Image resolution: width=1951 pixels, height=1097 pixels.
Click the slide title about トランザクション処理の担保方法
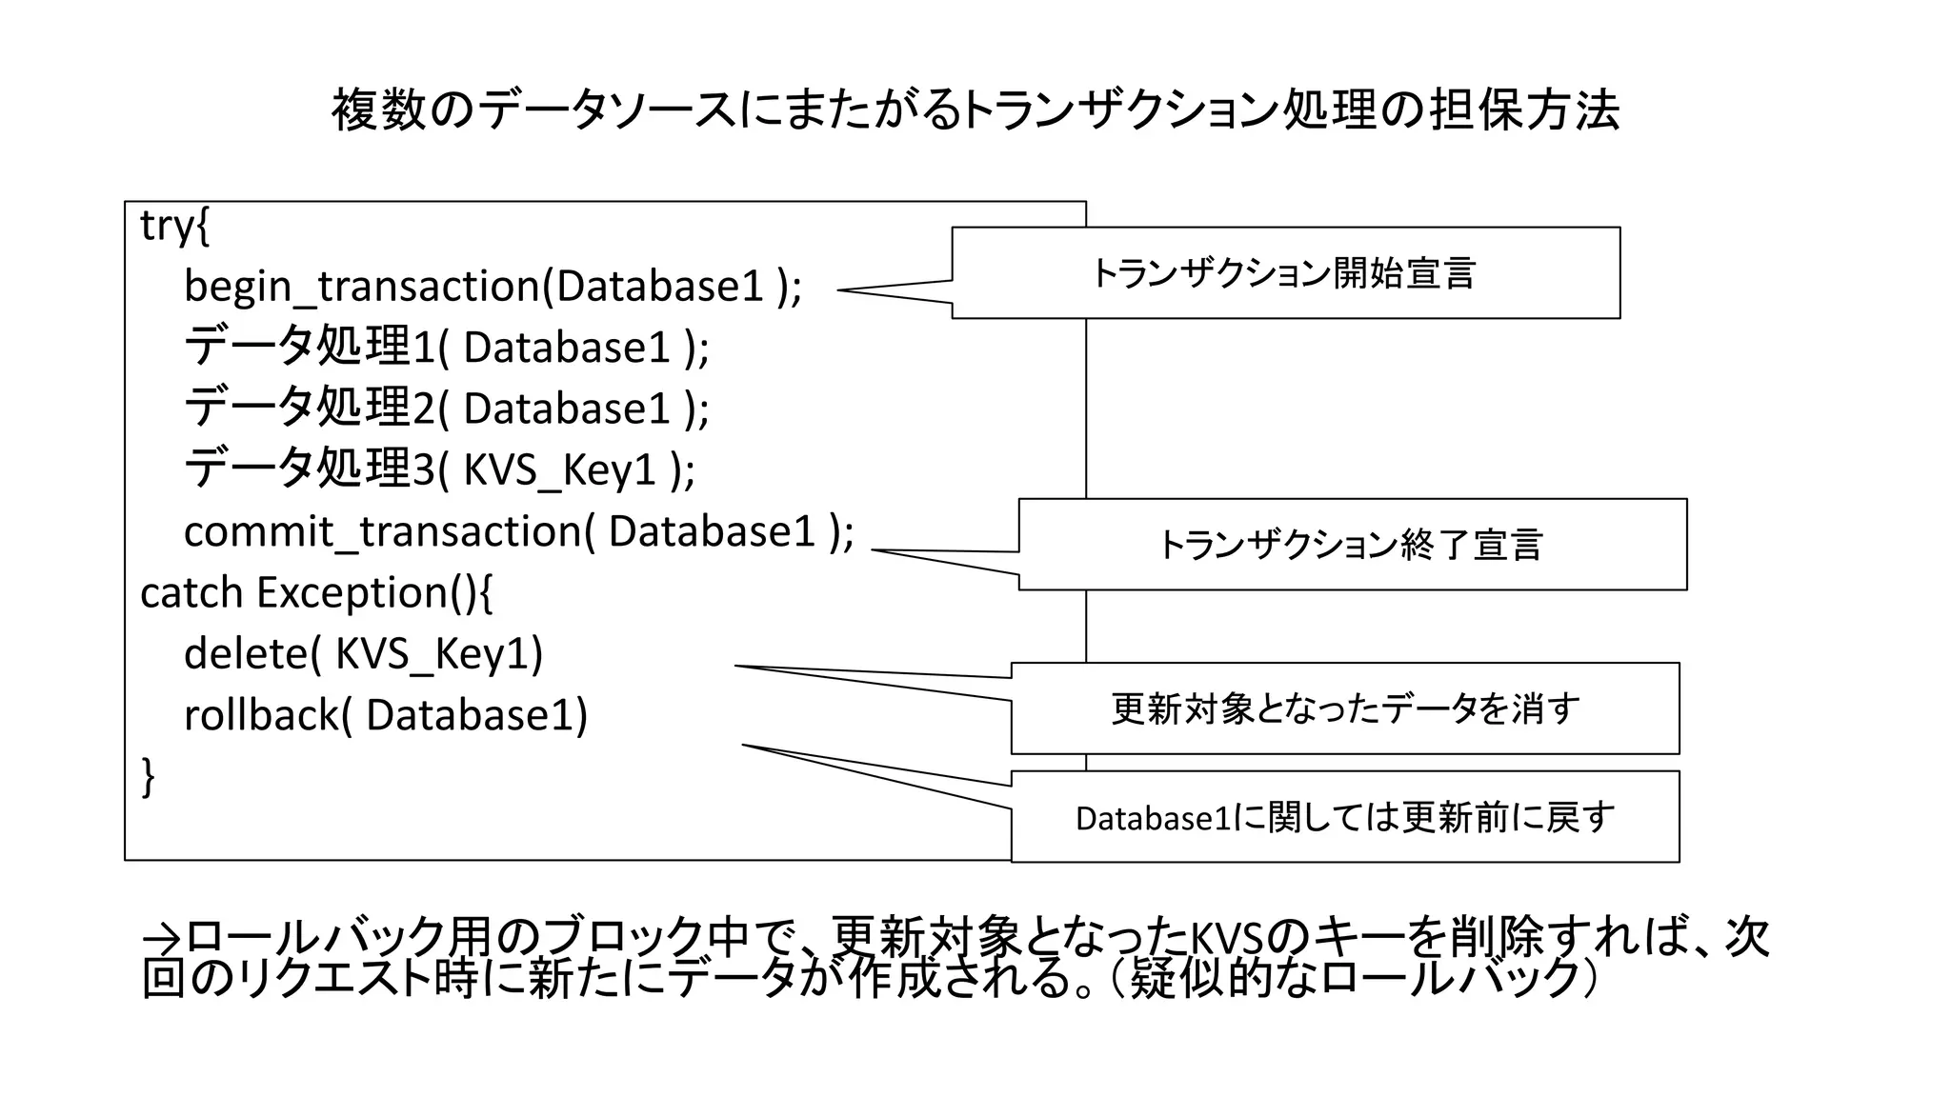click(x=975, y=110)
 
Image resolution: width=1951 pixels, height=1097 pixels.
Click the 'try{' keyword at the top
click(x=175, y=226)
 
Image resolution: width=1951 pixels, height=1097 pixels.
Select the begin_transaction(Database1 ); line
click(x=493, y=286)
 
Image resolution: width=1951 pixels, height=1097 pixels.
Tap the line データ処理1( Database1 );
click(x=446, y=347)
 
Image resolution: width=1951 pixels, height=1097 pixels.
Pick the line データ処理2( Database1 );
click(x=446, y=408)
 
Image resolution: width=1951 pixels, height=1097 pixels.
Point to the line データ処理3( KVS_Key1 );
click(x=438, y=469)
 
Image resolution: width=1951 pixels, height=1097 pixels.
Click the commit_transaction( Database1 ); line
click(x=518, y=531)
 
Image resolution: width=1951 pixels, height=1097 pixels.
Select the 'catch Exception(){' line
click(x=316, y=592)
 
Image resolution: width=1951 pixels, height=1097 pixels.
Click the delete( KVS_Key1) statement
click(x=363, y=653)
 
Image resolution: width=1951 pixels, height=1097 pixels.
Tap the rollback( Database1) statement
click(x=385, y=715)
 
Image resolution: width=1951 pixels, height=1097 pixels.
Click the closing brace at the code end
click(x=149, y=776)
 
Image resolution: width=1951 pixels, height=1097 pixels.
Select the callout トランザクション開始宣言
click(x=1284, y=273)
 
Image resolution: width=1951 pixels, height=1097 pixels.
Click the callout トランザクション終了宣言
click(x=1351, y=545)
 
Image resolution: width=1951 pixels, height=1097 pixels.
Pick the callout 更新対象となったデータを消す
click(x=1344, y=708)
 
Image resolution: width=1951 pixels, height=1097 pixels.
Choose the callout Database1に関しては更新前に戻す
click(x=1344, y=817)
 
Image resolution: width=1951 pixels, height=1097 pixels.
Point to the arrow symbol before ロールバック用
click(x=162, y=938)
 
